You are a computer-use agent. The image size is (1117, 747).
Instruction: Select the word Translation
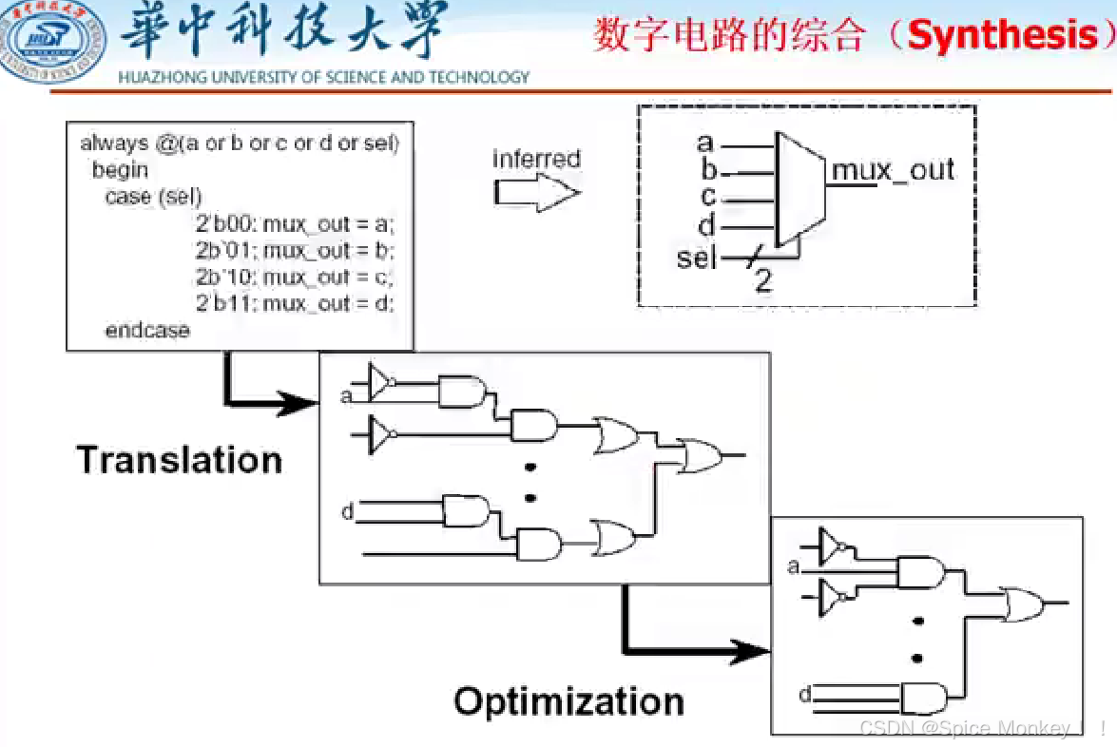[x=180, y=460]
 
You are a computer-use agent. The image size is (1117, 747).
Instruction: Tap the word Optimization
[x=568, y=701]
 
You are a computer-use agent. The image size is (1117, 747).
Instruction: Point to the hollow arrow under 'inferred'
[x=535, y=193]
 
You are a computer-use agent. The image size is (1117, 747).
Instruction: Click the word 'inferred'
[x=536, y=159]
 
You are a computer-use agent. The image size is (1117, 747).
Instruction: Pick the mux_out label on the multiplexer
[x=893, y=170]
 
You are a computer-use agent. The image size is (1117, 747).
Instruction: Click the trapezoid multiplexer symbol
[x=799, y=189]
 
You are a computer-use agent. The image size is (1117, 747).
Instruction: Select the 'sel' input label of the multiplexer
[x=696, y=257]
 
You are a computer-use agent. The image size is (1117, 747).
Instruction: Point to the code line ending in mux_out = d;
[x=295, y=304]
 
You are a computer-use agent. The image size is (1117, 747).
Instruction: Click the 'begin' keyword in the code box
[x=120, y=170]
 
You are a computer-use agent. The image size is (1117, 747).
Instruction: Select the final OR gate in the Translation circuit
[x=700, y=456]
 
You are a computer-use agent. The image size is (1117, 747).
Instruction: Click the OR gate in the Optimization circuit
[x=1022, y=603]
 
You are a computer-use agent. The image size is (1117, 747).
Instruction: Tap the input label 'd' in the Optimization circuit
[x=804, y=696]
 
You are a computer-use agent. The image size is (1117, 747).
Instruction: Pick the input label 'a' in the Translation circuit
[x=346, y=394]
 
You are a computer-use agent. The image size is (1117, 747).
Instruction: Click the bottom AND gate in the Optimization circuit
[x=922, y=699]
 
